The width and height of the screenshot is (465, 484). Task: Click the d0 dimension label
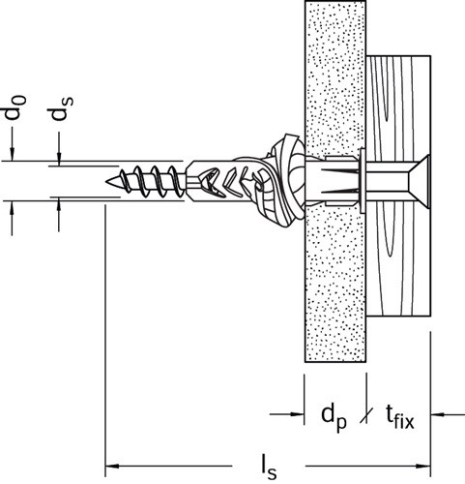click(15, 108)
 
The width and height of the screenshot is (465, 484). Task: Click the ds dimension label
click(61, 108)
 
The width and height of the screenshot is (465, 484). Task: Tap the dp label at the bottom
click(334, 417)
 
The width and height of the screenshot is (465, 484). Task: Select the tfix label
click(400, 416)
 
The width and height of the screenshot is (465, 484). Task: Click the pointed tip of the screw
click(106, 182)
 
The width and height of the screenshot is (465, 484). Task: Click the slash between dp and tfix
click(366, 415)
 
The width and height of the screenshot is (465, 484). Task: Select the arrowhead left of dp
click(297, 414)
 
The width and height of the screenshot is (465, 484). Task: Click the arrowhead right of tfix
click(438, 414)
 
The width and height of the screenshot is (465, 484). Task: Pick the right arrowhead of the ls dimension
click(423, 467)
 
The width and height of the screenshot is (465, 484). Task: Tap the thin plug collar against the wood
click(363, 181)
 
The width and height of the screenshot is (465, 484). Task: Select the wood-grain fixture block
click(398, 186)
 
